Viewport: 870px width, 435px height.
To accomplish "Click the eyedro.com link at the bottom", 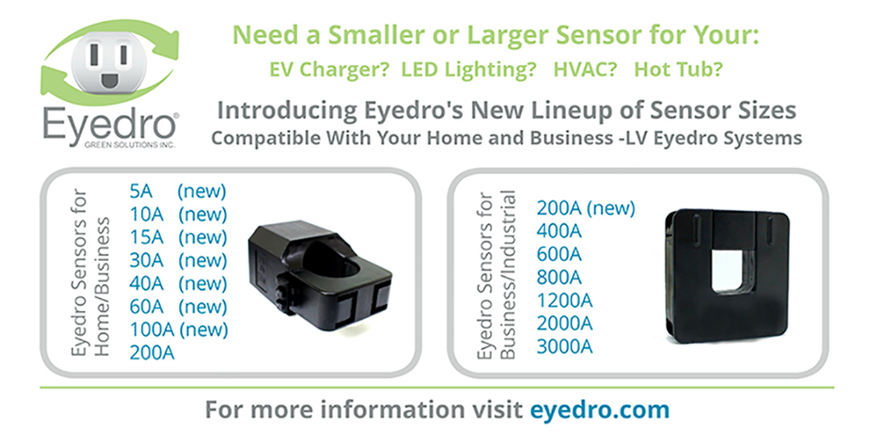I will pyautogui.click(x=599, y=409).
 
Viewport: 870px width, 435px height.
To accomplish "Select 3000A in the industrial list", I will pyautogui.click(x=565, y=346).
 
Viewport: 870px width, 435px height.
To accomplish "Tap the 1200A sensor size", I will pyautogui.click(x=565, y=300).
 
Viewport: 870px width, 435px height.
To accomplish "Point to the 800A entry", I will pyautogui.click(x=559, y=277).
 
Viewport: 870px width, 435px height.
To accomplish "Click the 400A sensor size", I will pyautogui.click(x=559, y=231).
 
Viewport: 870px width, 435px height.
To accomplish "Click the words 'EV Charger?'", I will pyautogui.click(x=324, y=69).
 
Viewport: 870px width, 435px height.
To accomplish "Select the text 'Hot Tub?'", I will pyautogui.click(x=678, y=69).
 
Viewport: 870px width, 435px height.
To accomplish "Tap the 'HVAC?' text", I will pyautogui.click(x=585, y=69).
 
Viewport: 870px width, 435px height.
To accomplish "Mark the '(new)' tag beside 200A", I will pyautogui.click(x=611, y=209).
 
